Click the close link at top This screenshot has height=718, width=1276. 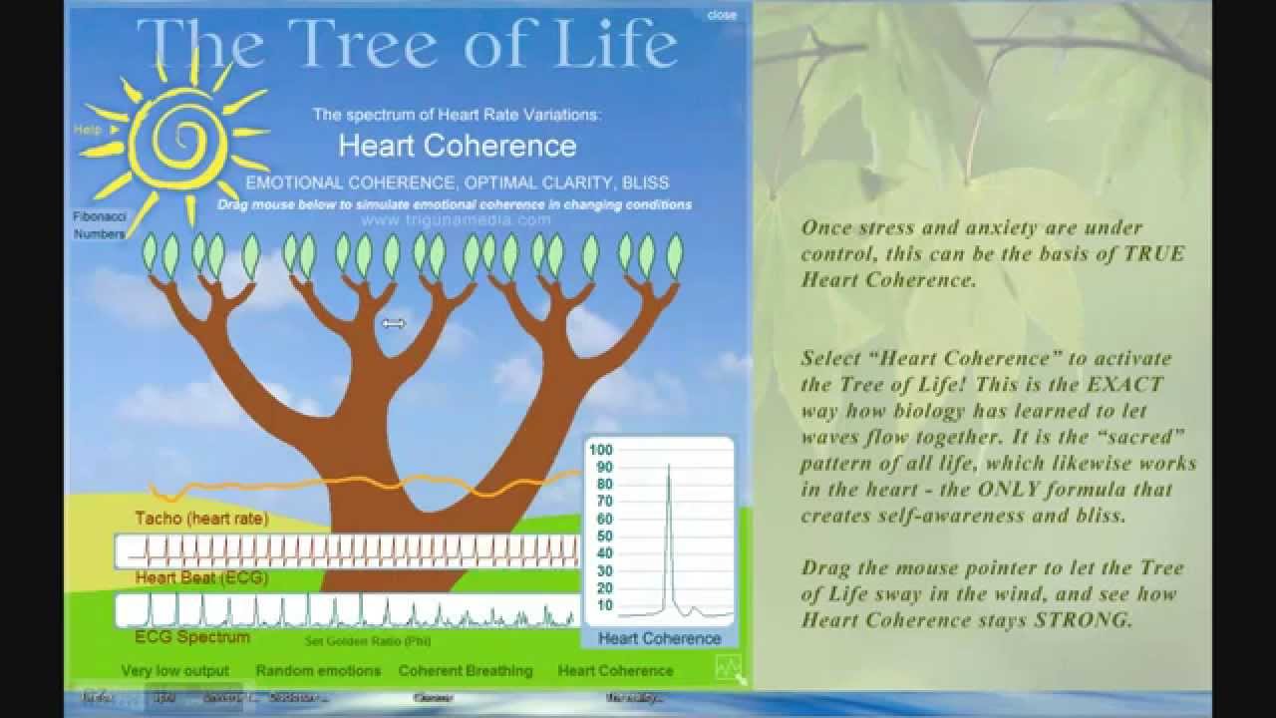pos(722,15)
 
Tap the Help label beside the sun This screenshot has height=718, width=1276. pos(88,130)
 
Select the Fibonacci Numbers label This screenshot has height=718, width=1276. pos(99,225)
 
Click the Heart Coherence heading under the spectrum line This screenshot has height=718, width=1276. pos(458,146)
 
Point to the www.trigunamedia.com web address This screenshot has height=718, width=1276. pos(456,219)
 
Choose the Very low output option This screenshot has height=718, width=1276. pos(175,671)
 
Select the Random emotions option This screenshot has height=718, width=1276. pos(318,671)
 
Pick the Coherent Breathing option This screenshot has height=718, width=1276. pos(466,671)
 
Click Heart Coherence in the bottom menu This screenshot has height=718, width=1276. pos(615,671)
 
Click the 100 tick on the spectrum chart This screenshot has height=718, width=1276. pos(601,450)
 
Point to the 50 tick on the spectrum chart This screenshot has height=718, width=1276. pos(604,537)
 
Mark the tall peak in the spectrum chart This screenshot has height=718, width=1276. pos(669,469)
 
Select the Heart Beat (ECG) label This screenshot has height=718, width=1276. pos(201,577)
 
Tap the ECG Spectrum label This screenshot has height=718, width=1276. pos(192,636)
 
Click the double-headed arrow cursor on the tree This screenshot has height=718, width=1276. pos(394,323)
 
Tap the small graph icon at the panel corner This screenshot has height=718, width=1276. pos(728,666)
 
